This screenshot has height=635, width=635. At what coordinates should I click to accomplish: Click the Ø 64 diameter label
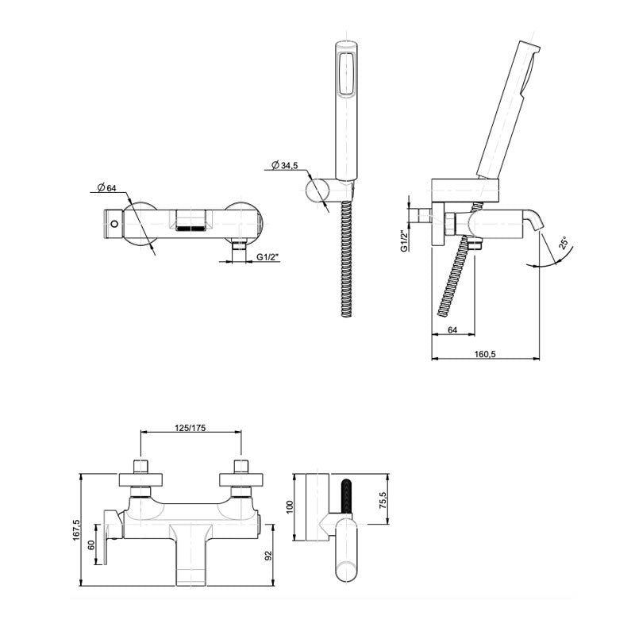tap(106, 187)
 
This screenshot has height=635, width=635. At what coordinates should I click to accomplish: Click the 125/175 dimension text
tap(190, 428)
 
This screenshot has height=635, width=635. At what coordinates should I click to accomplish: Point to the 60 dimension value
tap(91, 546)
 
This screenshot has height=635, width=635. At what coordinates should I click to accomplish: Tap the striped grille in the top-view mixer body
tap(190, 228)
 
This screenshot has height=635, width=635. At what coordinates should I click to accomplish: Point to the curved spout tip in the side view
tap(539, 227)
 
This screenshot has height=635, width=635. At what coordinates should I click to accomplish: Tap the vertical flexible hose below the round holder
tap(344, 258)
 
